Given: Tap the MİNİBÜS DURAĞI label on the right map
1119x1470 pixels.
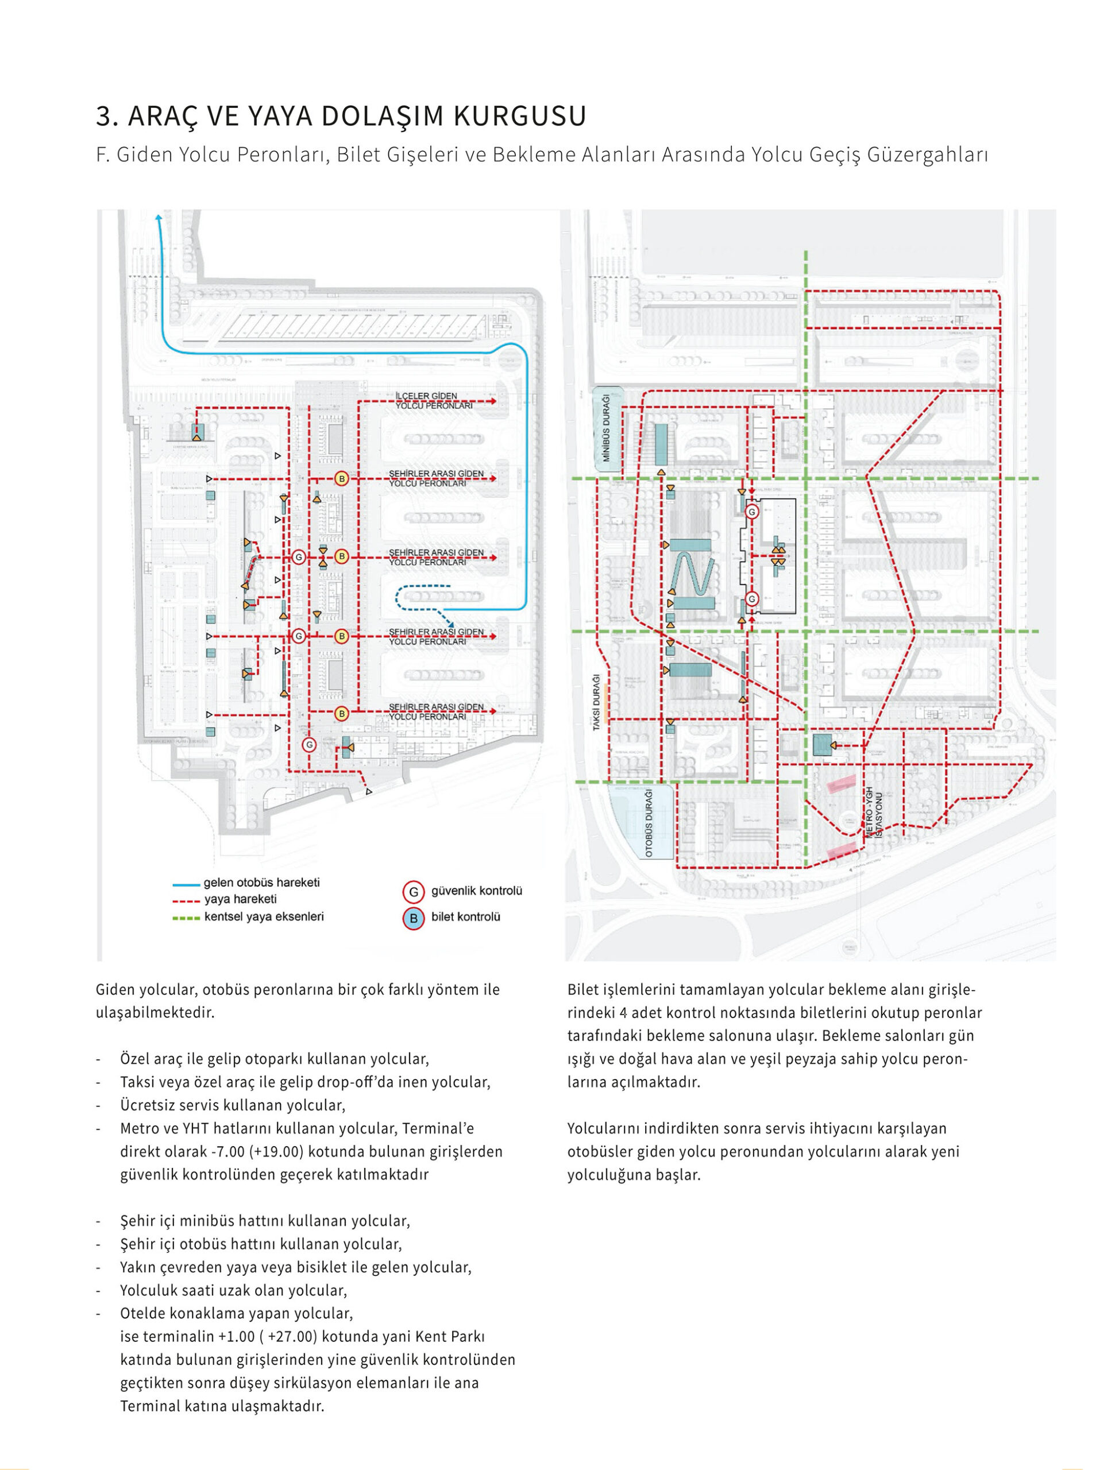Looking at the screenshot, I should click(607, 428).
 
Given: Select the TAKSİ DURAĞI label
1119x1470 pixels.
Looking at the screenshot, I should click(597, 702).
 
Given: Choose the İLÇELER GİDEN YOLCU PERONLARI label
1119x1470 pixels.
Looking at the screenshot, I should click(434, 401).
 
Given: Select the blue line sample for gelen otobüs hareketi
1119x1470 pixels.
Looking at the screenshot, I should click(186, 885).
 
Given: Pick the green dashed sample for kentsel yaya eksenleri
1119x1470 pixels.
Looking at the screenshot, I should click(186, 918).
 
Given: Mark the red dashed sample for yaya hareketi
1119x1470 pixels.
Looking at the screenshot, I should click(186, 902).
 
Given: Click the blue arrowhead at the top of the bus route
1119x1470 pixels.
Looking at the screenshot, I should click(158, 216).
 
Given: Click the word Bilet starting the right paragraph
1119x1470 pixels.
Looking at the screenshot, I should click(580, 990).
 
